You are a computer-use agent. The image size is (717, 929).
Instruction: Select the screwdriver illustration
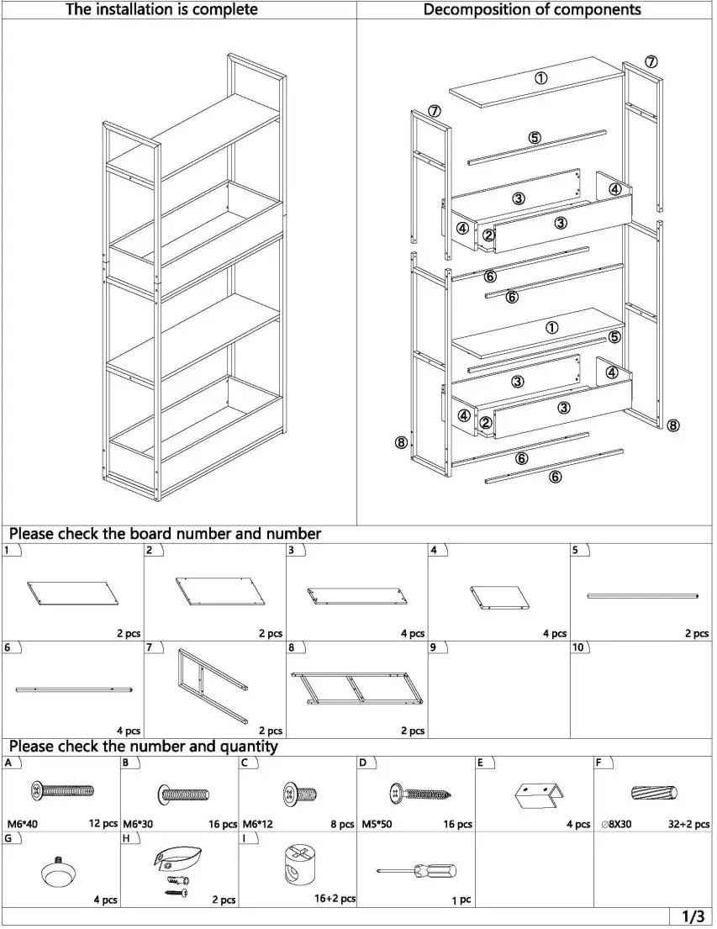click(416, 872)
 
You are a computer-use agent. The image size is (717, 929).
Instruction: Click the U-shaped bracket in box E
click(535, 795)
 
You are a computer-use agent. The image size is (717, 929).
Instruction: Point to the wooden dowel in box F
click(654, 792)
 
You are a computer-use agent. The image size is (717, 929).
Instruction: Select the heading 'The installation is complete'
click(161, 10)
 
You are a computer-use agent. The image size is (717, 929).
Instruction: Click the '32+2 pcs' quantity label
click(688, 825)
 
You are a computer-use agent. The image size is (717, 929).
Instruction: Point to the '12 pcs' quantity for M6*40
click(103, 824)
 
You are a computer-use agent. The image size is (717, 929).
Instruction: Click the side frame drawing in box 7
click(212, 685)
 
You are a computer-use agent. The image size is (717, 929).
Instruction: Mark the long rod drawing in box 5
click(642, 595)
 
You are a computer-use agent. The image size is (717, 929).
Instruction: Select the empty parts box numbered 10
click(641, 689)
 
